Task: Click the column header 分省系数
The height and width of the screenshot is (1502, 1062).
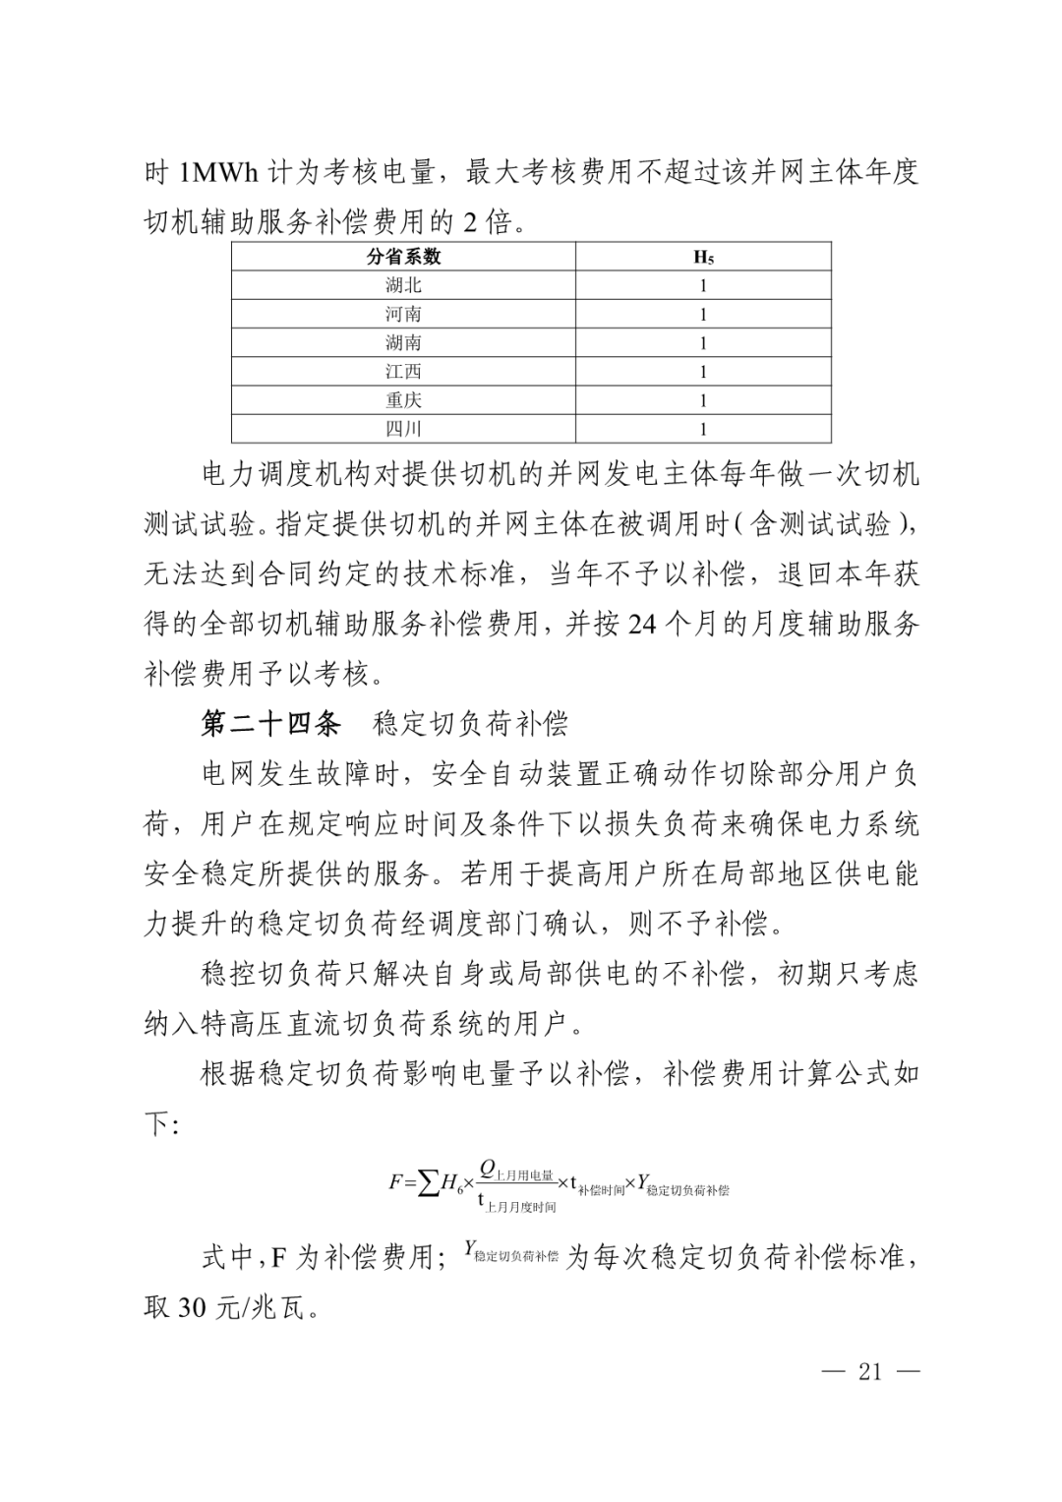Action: coord(403,257)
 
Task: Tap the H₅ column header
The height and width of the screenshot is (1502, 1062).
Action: coord(703,258)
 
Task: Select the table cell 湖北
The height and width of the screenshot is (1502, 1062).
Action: coord(403,286)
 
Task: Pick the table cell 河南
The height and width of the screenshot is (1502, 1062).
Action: coord(403,315)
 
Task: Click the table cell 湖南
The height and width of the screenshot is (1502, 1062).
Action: coord(403,343)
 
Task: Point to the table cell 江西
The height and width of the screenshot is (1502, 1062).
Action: coord(403,372)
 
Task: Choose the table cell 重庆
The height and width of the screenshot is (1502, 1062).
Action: coord(403,400)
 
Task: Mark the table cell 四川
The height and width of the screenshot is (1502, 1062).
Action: coord(403,429)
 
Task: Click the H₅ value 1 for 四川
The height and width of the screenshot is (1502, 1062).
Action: coord(703,429)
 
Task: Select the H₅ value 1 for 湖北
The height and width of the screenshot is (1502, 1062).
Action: coord(703,286)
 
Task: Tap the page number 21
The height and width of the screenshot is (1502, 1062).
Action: coord(870,1372)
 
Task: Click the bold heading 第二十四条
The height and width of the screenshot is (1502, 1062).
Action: coord(270,725)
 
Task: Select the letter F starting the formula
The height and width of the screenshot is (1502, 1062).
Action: coord(396,1183)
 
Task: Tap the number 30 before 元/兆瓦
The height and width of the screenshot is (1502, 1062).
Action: coord(190,1309)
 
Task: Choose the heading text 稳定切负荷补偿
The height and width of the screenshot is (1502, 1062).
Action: coord(470,725)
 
